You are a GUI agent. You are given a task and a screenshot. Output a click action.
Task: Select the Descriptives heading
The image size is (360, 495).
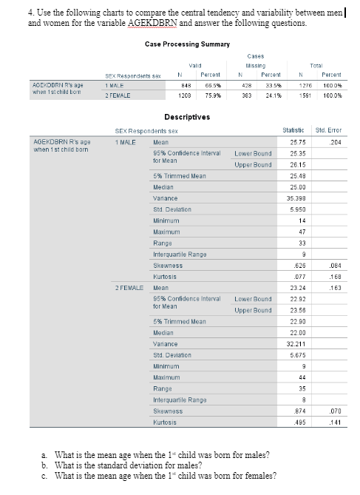point(186,117)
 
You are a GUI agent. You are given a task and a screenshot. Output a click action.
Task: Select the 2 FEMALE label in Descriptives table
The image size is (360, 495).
point(127,286)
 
